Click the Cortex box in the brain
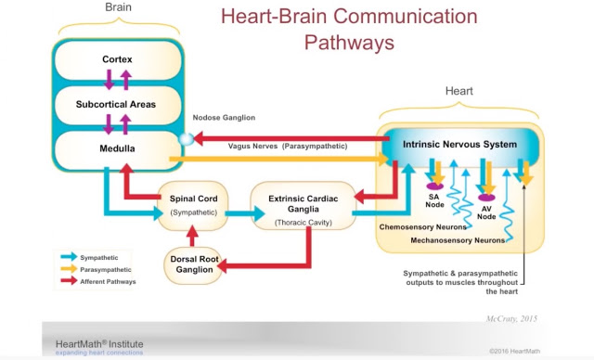pos(118,60)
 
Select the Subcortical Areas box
pos(118,105)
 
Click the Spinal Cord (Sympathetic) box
pos(193,206)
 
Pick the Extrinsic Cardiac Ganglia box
pos(303,206)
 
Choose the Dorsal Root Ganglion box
pos(193,264)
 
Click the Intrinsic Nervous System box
pos(459,146)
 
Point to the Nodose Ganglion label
pos(224,117)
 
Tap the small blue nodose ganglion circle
pos(186,139)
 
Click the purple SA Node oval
pos(434,186)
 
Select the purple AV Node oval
pos(486,198)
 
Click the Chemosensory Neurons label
pos(423,227)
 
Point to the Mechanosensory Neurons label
pos(458,240)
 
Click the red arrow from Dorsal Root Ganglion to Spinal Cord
pos(192,236)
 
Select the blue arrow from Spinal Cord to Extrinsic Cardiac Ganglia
pos(245,213)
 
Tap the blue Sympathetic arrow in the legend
pos(69,257)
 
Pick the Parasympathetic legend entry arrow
pos(69,269)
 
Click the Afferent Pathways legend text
pos(108,282)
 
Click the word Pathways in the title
pos(349,43)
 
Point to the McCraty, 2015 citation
pos(511,319)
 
